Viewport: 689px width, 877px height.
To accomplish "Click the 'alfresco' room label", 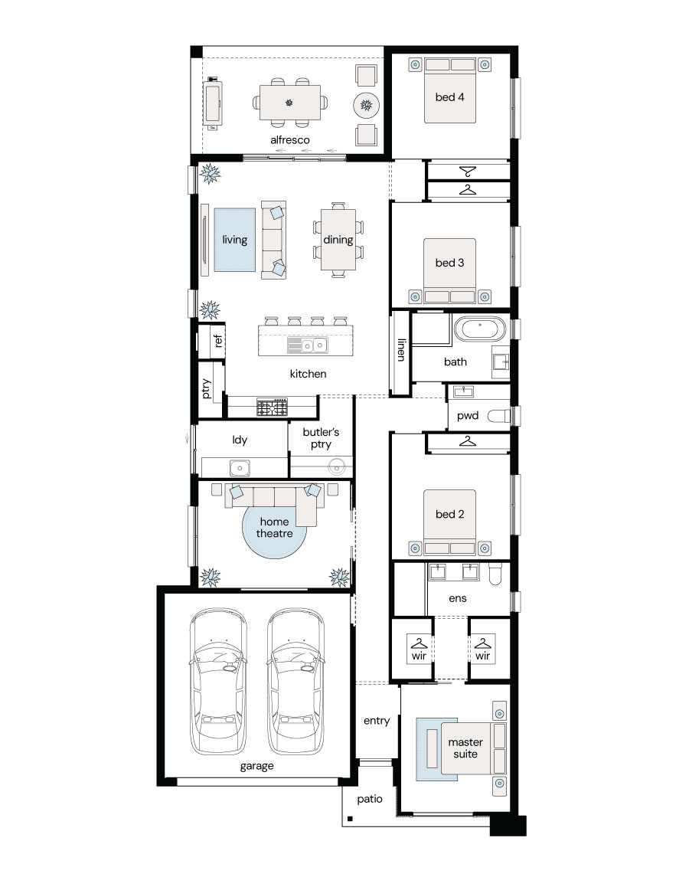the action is pyautogui.click(x=289, y=140).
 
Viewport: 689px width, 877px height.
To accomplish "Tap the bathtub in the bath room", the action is pyautogui.click(x=479, y=329).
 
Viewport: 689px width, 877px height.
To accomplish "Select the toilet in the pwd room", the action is pyautogui.click(x=499, y=416).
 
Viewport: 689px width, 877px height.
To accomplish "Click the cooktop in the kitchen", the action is pyautogui.click(x=273, y=407).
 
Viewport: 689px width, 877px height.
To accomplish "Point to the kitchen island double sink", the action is pyautogui.click(x=308, y=345).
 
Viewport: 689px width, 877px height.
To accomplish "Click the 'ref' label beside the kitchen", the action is pyautogui.click(x=218, y=340).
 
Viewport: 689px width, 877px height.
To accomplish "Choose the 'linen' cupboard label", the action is pyautogui.click(x=401, y=349).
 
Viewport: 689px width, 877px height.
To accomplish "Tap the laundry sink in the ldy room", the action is pyautogui.click(x=240, y=466).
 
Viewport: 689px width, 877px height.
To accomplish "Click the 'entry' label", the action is pyautogui.click(x=377, y=721).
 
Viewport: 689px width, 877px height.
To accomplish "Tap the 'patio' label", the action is pyautogui.click(x=370, y=799).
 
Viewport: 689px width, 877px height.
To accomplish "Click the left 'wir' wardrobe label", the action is pyautogui.click(x=419, y=656).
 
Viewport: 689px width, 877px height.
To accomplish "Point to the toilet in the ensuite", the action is pyautogui.click(x=495, y=574).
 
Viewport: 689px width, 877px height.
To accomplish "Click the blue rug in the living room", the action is pyautogui.click(x=235, y=240).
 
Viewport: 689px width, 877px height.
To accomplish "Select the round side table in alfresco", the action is pyautogui.click(x=366, y=105).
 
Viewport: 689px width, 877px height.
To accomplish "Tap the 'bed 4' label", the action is pyautogui.click(x=449, y=97).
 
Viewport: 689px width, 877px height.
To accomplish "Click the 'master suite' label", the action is pyautogui.click(x=465, y=748).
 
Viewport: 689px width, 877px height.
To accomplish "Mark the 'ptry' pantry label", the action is pyautogui.click(x=206, y=389).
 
